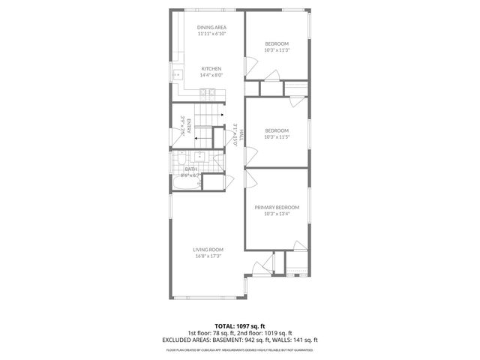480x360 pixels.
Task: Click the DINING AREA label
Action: (x=211, y=28)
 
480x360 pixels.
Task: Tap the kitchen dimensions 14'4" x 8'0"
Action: (x=211, y=75)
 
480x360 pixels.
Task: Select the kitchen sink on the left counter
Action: (x=177, y=75)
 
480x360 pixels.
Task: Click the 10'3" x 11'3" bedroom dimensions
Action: (x=277, y=50)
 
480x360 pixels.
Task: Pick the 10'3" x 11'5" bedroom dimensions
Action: (x=277, y=137)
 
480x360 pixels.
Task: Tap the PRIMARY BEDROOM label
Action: (x=277, y=207)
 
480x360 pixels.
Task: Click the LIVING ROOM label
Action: (x=208, y=250)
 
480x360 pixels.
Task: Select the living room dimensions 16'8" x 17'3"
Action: (x=208, y=256)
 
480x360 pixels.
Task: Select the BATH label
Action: (x=191, y=169)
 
